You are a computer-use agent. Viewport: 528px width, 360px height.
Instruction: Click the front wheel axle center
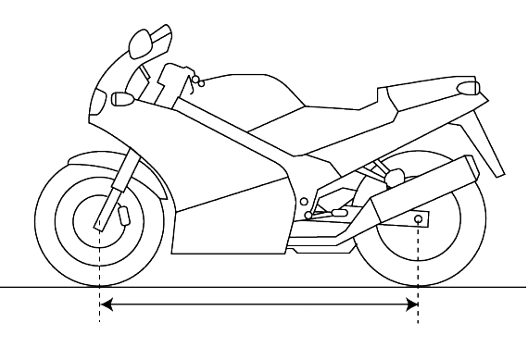pos(99,221)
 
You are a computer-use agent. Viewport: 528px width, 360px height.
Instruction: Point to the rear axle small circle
pos(419,220)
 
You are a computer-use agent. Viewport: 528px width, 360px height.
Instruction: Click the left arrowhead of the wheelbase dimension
pos(106,304)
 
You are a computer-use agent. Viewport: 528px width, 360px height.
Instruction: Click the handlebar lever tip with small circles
pos(196,83)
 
